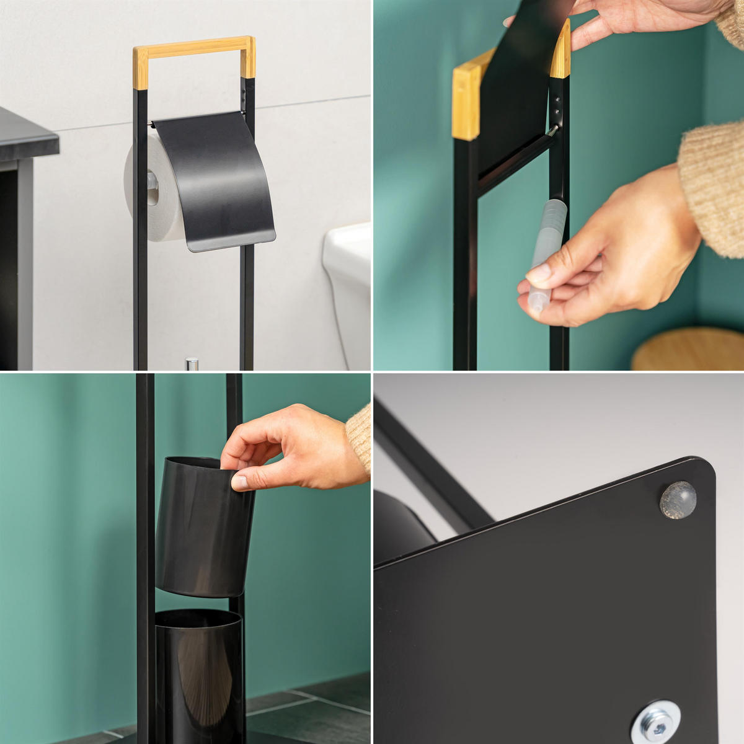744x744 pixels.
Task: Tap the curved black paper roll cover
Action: pos(214,180)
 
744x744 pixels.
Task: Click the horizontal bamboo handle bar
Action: pos(192,47)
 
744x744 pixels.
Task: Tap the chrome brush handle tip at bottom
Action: pos(192,363)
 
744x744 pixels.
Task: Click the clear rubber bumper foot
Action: pos(678,500)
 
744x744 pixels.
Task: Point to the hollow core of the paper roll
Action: pos(152,189)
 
